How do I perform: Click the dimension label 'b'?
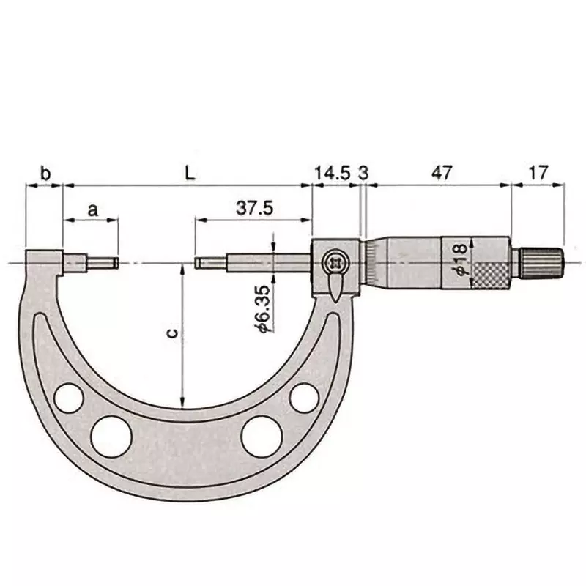[x=45, y=174]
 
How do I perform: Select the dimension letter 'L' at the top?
[x=188, y=174]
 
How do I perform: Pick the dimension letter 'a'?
[x=92, y=209]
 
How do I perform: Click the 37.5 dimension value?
[x=254, y=208]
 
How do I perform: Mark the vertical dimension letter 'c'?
[x=170, y=333]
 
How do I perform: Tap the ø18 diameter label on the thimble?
[x=461, y=260]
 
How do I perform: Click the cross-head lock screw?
[x=336, y=260]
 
